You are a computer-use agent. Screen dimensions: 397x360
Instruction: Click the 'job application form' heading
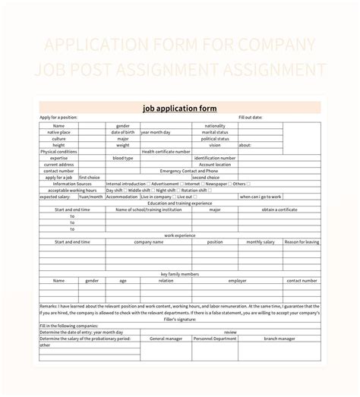pos(179,108)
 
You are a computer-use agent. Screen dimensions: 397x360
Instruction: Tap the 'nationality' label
pos(215,126)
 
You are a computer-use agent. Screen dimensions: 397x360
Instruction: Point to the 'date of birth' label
pos(122,132)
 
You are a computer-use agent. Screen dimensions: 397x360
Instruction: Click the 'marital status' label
pos(215,132)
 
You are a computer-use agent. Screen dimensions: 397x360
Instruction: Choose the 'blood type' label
pos(122,158)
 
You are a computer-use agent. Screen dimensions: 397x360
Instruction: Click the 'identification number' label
pos(215,158)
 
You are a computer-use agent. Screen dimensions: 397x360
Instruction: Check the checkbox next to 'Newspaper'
pos(229,184)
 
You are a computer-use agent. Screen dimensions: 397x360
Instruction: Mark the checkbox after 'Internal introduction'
pos(149,184)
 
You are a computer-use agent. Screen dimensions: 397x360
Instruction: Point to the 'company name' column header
pos(148,241)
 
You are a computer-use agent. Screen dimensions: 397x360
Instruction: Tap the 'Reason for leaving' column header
pos(302,241)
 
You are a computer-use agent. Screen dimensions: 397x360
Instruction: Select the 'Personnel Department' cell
pos(215,338)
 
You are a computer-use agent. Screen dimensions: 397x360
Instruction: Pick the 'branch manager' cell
pos(279,338)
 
